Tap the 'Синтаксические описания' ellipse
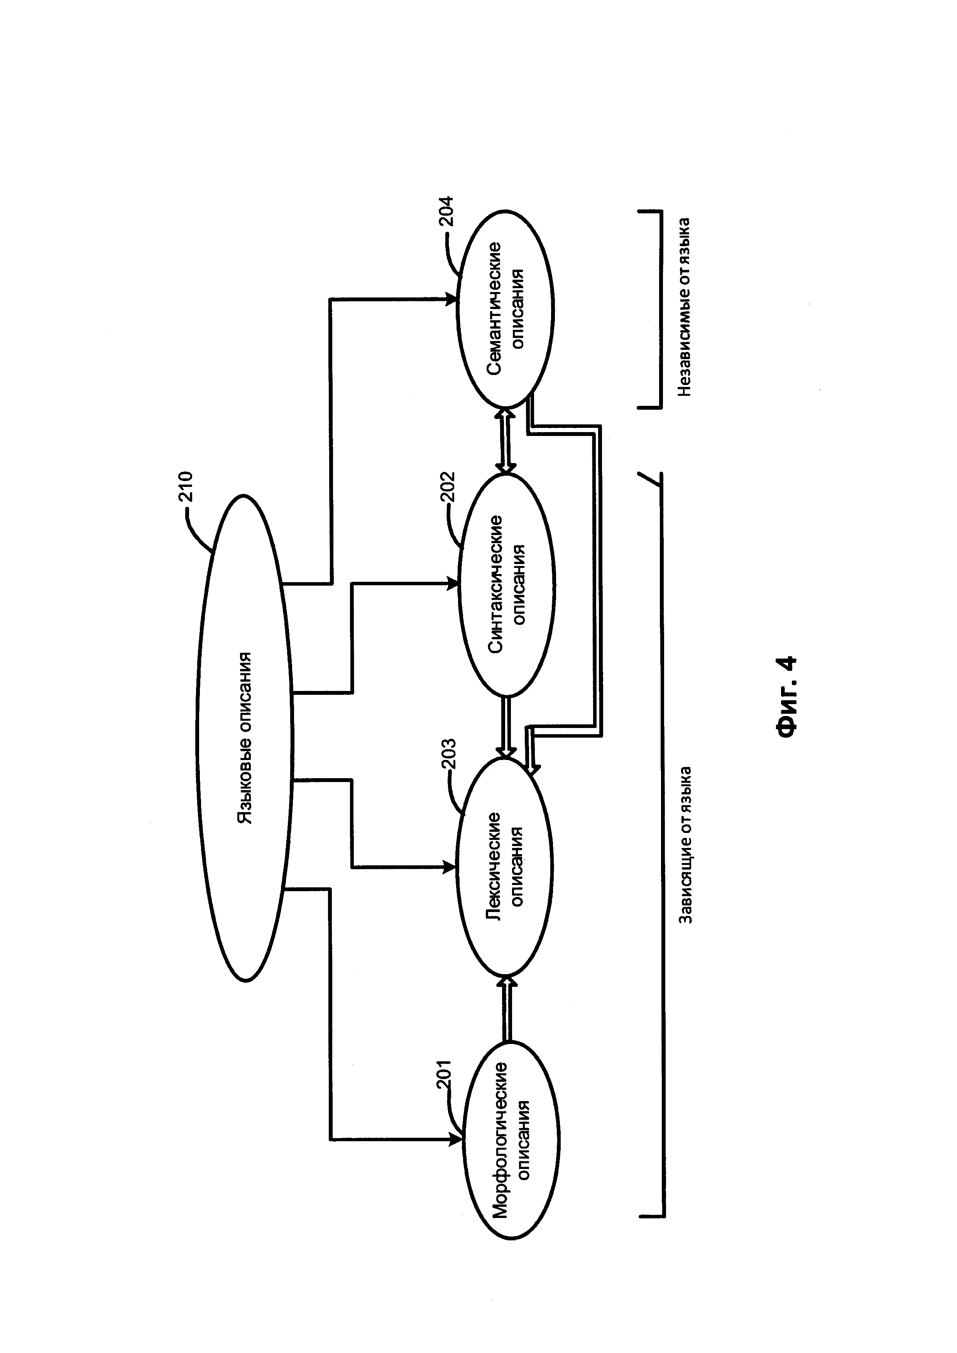(x=506, y=583)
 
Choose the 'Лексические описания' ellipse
(x=504, y=866)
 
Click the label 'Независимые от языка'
(x=683, y=306)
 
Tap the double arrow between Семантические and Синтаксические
(x=506, y=441)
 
